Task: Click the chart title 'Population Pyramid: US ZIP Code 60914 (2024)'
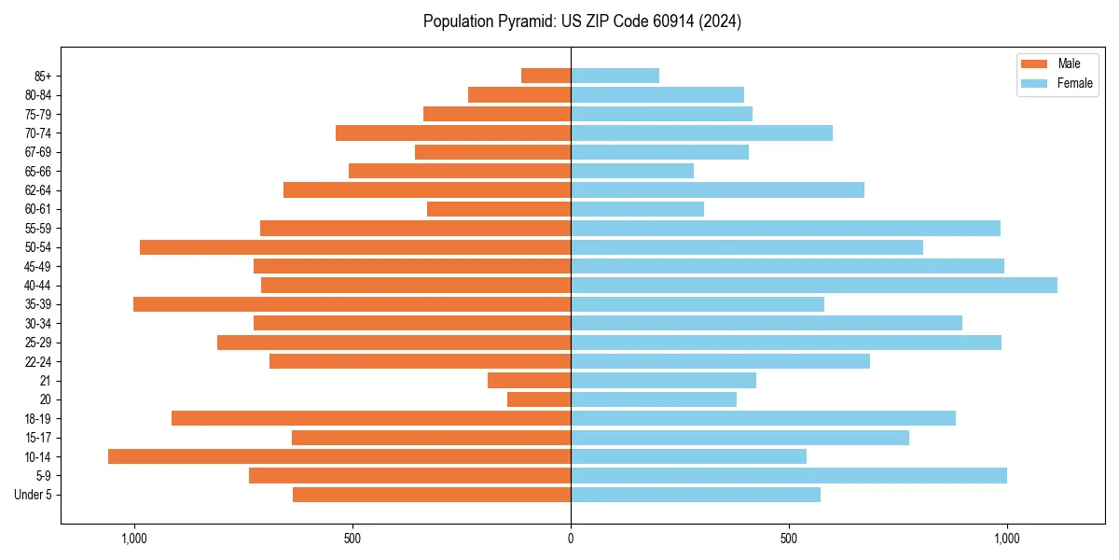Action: tap(582, 21)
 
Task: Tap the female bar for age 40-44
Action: tap(813, 285)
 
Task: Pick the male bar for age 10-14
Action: tap(339, 456)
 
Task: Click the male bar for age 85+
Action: tap(546, 76)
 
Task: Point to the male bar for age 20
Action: tap(539, 399)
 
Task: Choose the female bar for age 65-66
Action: tap(632, 171)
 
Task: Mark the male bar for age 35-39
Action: tap(352, 304)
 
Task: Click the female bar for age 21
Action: tap(663, 380)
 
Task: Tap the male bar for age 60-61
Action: tap(499, 209)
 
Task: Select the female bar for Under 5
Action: tap(696, 495)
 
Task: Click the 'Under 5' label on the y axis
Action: tap(34, 495)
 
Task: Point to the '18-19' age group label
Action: tap(38, 418)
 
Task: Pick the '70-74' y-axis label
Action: tap(38, 133)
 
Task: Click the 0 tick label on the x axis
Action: tap(571, 538)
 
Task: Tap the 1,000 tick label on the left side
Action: tap(134, 538)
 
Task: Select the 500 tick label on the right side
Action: tap(789, 538)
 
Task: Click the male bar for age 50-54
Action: tap(355, 247)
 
